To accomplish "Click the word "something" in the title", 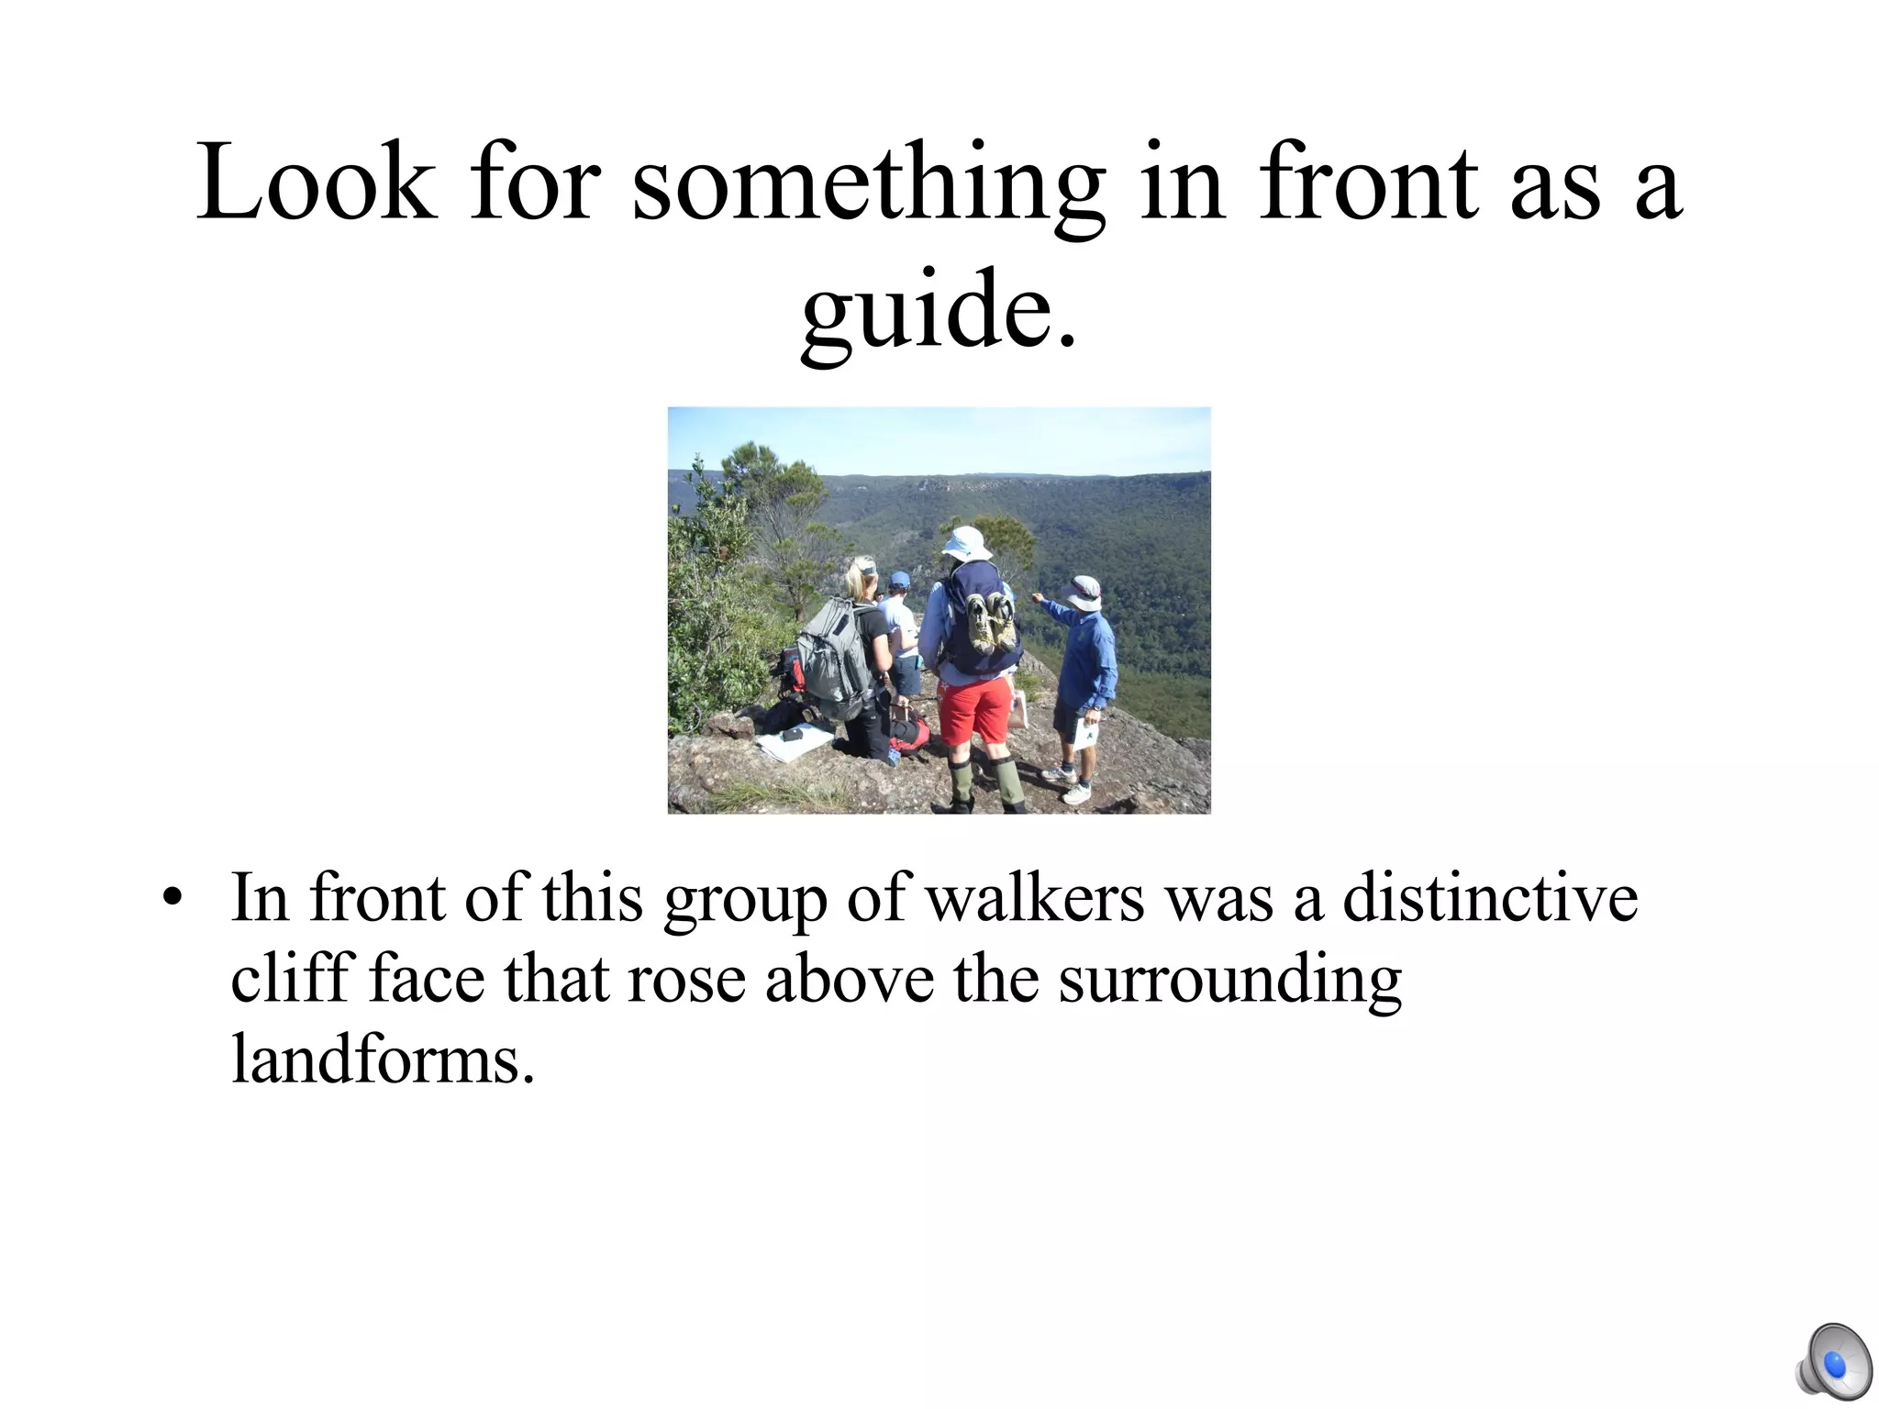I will (868, 183).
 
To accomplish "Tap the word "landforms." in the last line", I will (383, 1060).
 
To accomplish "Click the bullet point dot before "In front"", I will (172, 899).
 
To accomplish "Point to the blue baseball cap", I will (899, 580).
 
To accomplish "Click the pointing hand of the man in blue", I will (1037, 598).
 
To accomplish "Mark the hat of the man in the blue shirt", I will (1085, 592).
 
